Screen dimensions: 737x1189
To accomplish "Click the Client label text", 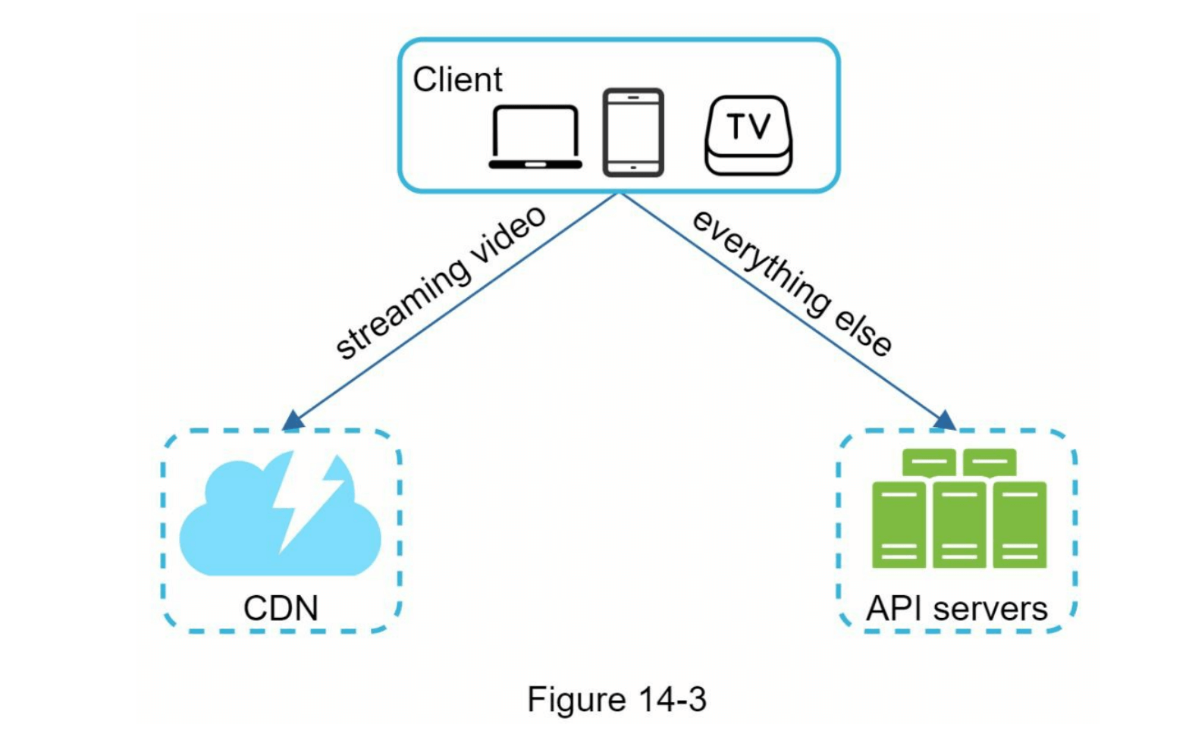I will point(457,80).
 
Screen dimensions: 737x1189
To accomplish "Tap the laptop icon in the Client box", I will point(535,138).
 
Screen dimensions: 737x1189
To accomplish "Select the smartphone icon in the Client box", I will point(633,133).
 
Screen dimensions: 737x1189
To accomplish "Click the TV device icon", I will point(748,136).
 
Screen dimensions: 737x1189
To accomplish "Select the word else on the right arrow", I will point(863,331).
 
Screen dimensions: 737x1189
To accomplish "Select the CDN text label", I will point(281,608).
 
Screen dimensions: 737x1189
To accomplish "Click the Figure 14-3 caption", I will point(616,699).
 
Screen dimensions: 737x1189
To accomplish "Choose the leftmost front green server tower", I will point(899,525).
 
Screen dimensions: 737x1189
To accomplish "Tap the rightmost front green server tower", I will point(1020,525).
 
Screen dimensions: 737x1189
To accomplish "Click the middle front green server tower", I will point(959,525).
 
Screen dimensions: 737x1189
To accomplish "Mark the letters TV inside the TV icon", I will point(748,126).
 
